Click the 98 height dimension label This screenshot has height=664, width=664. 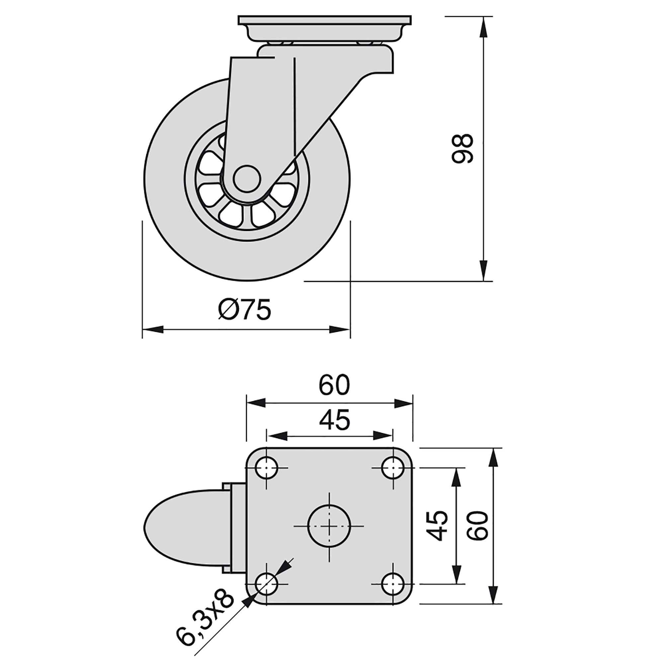click(462, 148)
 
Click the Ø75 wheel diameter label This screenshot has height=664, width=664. click(245, 309)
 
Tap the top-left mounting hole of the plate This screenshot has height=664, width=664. click(267, 468)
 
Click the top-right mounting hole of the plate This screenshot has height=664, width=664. click(393, 468)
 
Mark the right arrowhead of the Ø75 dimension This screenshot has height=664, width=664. click(340, 329)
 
